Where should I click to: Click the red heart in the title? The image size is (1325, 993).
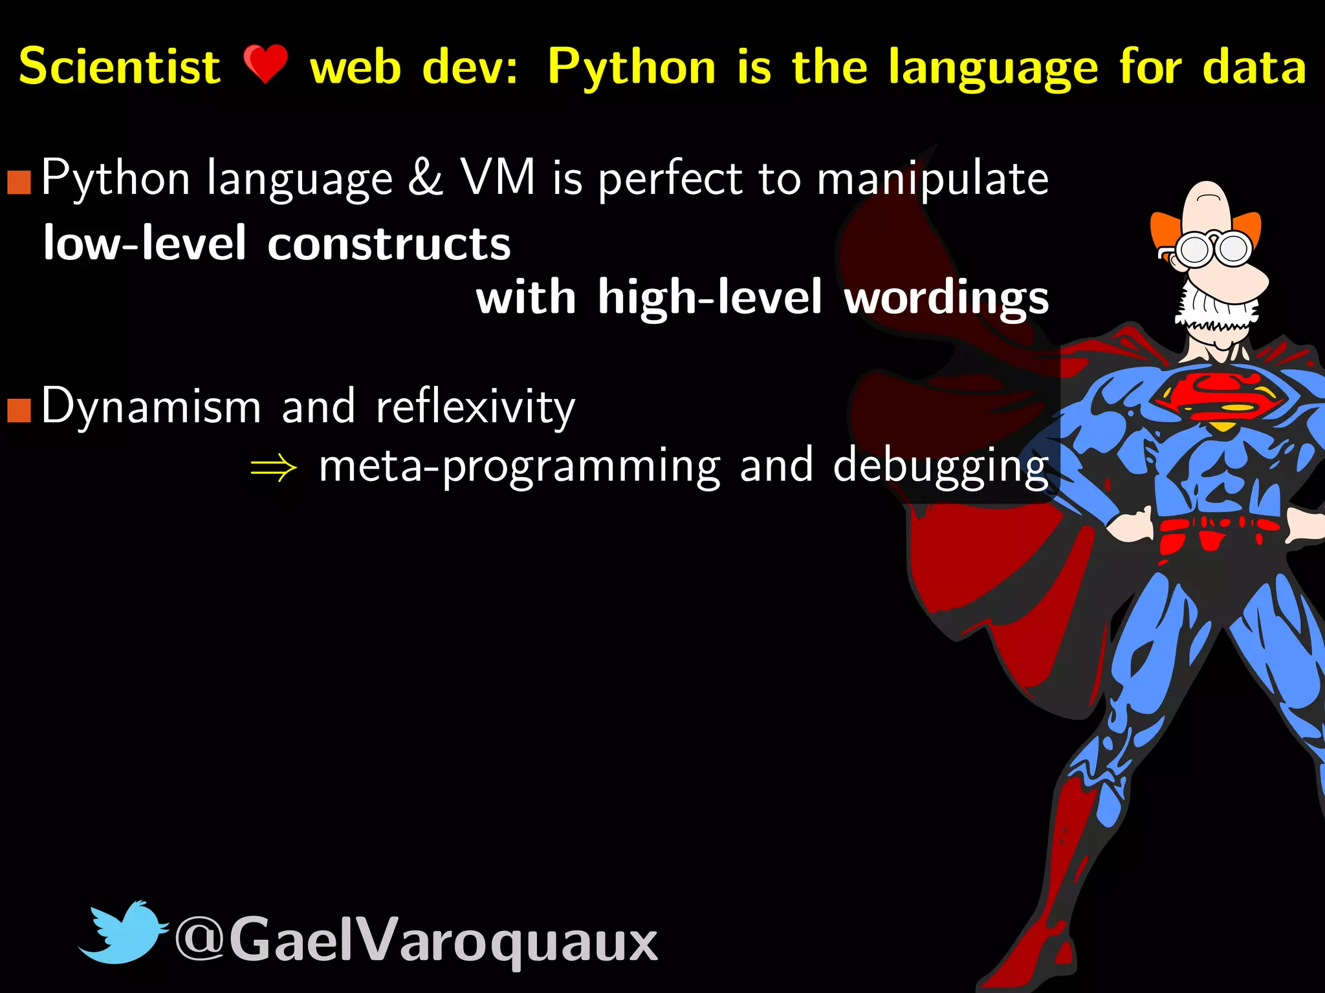265,65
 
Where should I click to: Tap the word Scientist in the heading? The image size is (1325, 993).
120,67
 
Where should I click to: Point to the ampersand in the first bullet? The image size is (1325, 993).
425,177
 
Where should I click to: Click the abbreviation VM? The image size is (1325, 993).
498,177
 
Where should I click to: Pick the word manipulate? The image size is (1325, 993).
932,180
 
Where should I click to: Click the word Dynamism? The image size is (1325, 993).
151,407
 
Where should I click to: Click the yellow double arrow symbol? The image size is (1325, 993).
274,467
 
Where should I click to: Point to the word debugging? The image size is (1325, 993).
940,467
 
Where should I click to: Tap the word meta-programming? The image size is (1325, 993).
520,467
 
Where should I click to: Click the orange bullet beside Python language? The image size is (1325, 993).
19,183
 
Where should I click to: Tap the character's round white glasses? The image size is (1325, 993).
1214,250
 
